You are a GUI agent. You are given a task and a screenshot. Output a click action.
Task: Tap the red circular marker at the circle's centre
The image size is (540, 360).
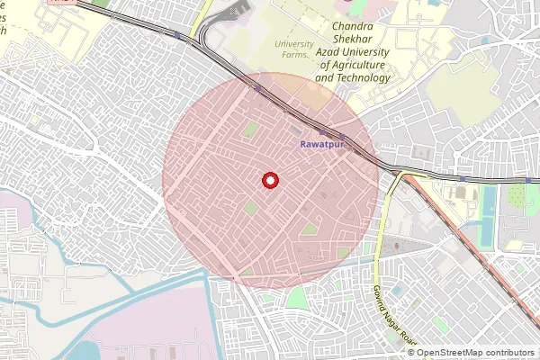point(269,181)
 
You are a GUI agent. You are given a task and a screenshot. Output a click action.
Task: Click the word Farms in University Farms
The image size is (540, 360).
point(293,55)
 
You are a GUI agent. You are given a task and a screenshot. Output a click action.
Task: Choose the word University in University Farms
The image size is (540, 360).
point(294,43)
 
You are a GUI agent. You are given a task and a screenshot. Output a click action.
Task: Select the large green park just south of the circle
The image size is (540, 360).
point(296,298)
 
